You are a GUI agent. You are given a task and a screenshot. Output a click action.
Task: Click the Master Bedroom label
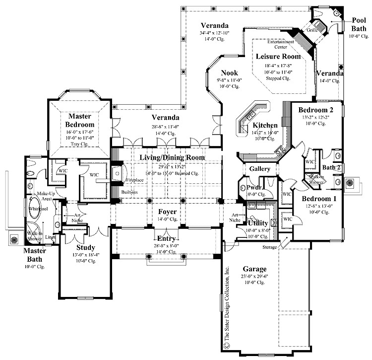coord(79,120)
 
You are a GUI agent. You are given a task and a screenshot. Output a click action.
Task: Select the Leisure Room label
coord(278,57)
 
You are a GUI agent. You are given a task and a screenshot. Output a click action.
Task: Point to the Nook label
coord(229,72)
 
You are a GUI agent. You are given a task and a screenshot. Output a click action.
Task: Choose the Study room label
coord(86,247)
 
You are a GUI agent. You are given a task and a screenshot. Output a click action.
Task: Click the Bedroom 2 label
coord(312,110)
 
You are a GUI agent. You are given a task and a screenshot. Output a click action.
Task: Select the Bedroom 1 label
coord(320,199)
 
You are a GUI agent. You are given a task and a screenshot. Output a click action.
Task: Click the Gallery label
coord(259,169)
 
